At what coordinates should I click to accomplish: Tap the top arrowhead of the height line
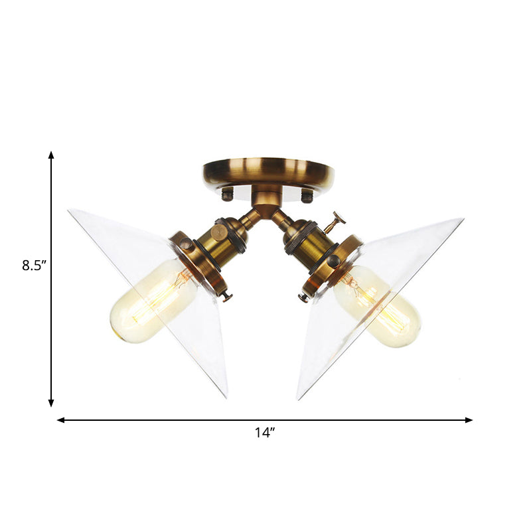51,155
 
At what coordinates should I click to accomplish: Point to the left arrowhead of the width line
60,419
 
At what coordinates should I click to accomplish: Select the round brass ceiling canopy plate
268,171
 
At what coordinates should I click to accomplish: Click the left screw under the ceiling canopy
228,195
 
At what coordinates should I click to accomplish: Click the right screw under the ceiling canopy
307,195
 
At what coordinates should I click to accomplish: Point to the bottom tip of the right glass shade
299,398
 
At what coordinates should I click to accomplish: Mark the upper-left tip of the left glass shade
70,212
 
